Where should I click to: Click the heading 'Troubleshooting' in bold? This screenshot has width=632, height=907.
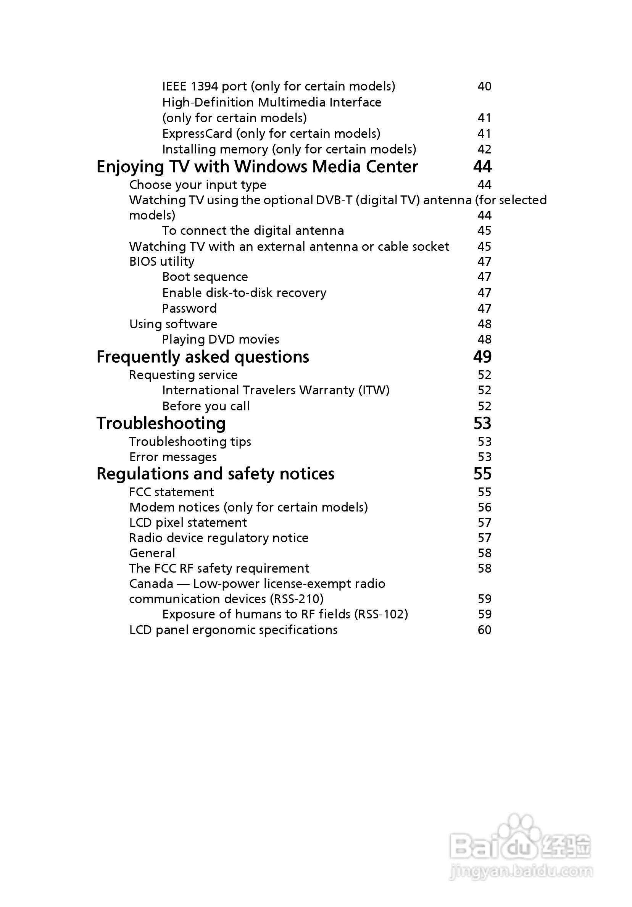point(161,423)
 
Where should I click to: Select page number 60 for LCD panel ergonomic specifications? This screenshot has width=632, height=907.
point(484,630)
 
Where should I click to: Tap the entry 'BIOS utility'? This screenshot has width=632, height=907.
point(161,261)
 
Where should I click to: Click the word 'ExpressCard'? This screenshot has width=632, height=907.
point(197,134)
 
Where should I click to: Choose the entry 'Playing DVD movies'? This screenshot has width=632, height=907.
point(221,339)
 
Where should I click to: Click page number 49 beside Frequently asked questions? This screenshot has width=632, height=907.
point(482,357)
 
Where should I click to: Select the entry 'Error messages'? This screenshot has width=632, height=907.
point(173,457)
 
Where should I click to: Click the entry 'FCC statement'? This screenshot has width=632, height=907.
point(171,492)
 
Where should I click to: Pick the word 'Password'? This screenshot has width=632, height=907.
point(189,308)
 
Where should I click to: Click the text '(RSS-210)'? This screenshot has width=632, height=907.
point(297,599)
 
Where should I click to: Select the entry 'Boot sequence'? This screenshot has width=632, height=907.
point(205,277)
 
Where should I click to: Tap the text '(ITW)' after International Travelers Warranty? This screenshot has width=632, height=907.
point(374,390)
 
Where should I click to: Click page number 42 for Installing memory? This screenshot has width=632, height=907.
point(484,149)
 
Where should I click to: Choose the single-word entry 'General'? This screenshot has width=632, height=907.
point(152,553)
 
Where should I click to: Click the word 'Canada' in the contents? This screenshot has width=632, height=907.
point(151,583)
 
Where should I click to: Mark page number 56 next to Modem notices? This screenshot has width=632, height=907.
point(484,507)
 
